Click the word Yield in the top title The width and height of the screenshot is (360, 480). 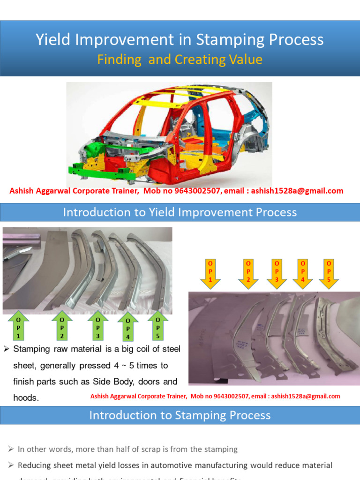click(x=51, y=40)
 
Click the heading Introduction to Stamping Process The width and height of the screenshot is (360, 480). click(x=180, y=415)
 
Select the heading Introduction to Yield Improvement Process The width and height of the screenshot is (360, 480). click(x=180, y=212)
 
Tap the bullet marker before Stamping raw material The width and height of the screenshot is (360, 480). click(x=7, y=349)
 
